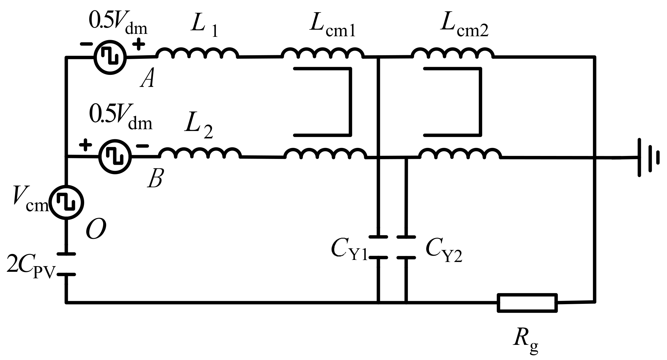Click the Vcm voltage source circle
tap(66, 203)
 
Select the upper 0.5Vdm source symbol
tap(110, 57)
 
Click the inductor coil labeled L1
tap(197, 53)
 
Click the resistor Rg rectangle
tap(527, 303)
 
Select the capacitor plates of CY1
tap(378, 247)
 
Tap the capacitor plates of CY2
tap(406, 247)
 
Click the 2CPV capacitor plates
tap(66, 264)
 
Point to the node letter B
tap(155, 179)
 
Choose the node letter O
tap(96, 230)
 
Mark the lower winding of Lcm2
tap(460, 154)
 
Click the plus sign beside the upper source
tap(138, 45)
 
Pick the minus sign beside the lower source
tap(142, 146)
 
